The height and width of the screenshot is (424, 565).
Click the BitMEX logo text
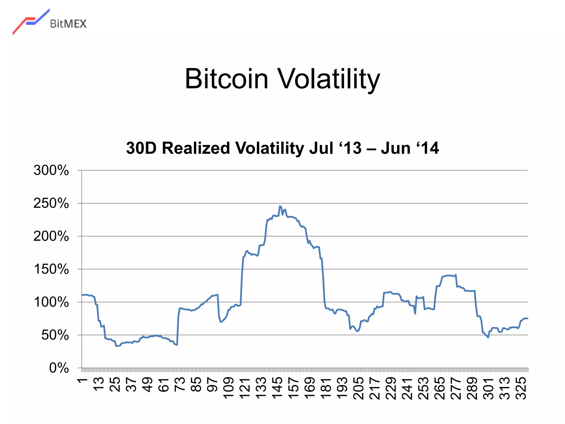(68, 24)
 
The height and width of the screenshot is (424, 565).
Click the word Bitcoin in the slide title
(226, 79)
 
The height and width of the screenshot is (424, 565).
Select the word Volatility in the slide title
(328, 79)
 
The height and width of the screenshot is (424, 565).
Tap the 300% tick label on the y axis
(51, 170)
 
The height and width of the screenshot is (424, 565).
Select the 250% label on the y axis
(51, 203)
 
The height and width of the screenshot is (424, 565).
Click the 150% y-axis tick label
(51, 269)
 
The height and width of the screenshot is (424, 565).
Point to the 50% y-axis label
(55, 335)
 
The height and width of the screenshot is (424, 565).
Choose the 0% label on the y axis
(59, 368)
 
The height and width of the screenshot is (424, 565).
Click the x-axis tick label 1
(82, 381)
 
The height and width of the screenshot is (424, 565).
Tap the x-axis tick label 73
(180, 384)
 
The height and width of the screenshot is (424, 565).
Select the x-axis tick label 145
(277, 388)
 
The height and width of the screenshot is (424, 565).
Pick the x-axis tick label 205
(358, 388)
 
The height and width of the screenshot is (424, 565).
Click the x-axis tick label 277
(456, 388)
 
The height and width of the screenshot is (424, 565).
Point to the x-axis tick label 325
(521, 388)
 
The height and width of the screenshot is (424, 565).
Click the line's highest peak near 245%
(280, 206)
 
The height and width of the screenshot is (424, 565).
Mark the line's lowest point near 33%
(116, 346)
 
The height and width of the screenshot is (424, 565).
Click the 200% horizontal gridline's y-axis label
(51, 236)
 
